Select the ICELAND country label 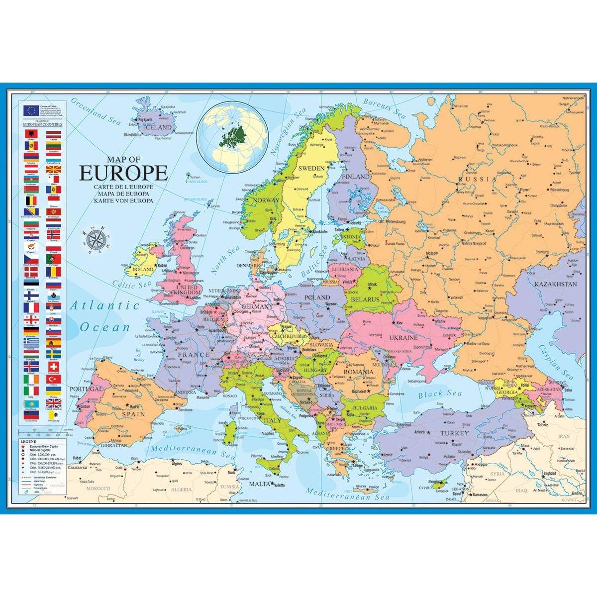pyautogui.click(x=158, y=127)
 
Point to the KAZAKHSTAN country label pyautogui.click(x=556, y=285)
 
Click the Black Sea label pyautogui.click(x=437, y=394)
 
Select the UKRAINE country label pyautogui.click(x=403, y=337)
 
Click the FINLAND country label pyautogui.click(x=356, y=176)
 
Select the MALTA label pyautogui.click(x=260, y=484)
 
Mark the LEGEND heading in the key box pyautogui.click(x=28, y=441)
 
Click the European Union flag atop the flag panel pyautogui.click(x=31, y=110)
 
